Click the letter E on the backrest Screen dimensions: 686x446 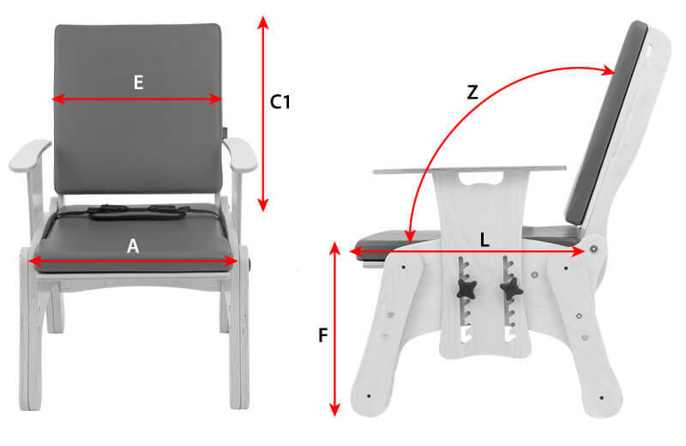tap(138, 82)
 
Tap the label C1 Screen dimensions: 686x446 tap(280, 102)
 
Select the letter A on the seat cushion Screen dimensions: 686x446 tap(133, 246)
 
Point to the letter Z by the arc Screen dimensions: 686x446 tap(472, 93)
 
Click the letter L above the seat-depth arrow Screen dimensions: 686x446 tap(484, 240)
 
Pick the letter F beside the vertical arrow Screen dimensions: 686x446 tap(323, 335)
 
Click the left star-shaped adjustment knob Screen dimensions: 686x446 tap(466, 289)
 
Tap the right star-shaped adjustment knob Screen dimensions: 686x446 tap(511, 289)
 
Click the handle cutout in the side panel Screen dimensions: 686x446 tap(481, 178)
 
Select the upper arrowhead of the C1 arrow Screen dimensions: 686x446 tap(262, 22)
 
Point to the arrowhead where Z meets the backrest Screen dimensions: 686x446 tap(609, 70)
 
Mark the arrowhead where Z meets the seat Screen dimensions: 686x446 tap(410, 237)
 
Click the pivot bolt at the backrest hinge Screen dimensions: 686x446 tap(593, 249)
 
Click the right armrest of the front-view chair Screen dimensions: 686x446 tap(240, 154)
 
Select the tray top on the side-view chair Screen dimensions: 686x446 tap(469, 169)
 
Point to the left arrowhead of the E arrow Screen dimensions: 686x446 tap(58, 99)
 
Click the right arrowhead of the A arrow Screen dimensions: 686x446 tap(231, 262)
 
